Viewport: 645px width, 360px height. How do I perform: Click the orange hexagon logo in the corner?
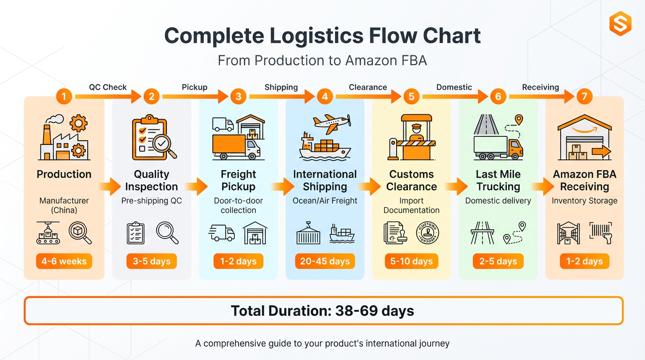point(620,23)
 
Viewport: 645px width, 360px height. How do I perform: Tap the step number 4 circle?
point(324,97)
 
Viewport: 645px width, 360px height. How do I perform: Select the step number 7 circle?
point(584,97)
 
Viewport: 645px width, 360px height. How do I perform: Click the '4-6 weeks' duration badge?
point(64,261)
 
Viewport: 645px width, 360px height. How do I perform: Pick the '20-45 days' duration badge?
point(325,261)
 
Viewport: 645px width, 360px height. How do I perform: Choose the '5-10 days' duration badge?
point(412,261)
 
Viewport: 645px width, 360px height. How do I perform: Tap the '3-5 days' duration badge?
point(151,261)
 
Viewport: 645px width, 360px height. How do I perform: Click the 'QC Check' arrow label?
point(108,87)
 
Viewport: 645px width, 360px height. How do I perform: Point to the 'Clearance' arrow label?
point(368,87)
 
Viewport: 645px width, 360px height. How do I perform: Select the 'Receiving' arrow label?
point(540,87)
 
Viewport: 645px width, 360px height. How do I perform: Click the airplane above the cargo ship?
point(332,123)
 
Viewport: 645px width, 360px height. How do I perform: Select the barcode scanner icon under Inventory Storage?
point(600,232)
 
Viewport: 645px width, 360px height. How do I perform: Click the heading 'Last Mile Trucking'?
point(498,180)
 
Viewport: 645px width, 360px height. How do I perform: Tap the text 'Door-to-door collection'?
point(238,205)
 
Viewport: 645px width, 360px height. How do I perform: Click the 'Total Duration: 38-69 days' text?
point(323,311)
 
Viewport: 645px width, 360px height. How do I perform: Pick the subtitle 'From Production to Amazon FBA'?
point(322,60)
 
